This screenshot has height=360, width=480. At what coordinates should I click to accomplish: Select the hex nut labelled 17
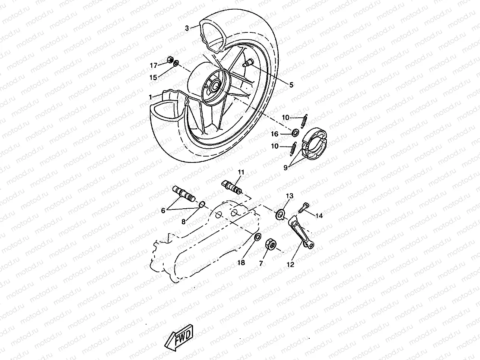click(168, 59)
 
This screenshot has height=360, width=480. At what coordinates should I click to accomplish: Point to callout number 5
click(291, 85)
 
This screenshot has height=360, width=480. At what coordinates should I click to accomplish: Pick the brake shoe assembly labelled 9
click(315, 144)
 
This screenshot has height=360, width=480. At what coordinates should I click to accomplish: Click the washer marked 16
click(295, 132)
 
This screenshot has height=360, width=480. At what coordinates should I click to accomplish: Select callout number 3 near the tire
click(187, 28)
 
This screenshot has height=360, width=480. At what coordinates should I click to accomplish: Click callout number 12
click(291, 265)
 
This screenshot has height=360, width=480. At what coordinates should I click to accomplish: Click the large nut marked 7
click(271, 245)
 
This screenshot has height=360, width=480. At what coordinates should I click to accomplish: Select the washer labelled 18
click(257, 237)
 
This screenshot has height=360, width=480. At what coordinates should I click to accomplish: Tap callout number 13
click(290, 196)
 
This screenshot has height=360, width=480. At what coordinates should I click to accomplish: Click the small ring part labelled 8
click(202, 203)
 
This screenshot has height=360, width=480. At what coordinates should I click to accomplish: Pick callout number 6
click(163, 210)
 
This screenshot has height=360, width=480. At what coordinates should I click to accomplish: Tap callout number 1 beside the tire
click(151, 97)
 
